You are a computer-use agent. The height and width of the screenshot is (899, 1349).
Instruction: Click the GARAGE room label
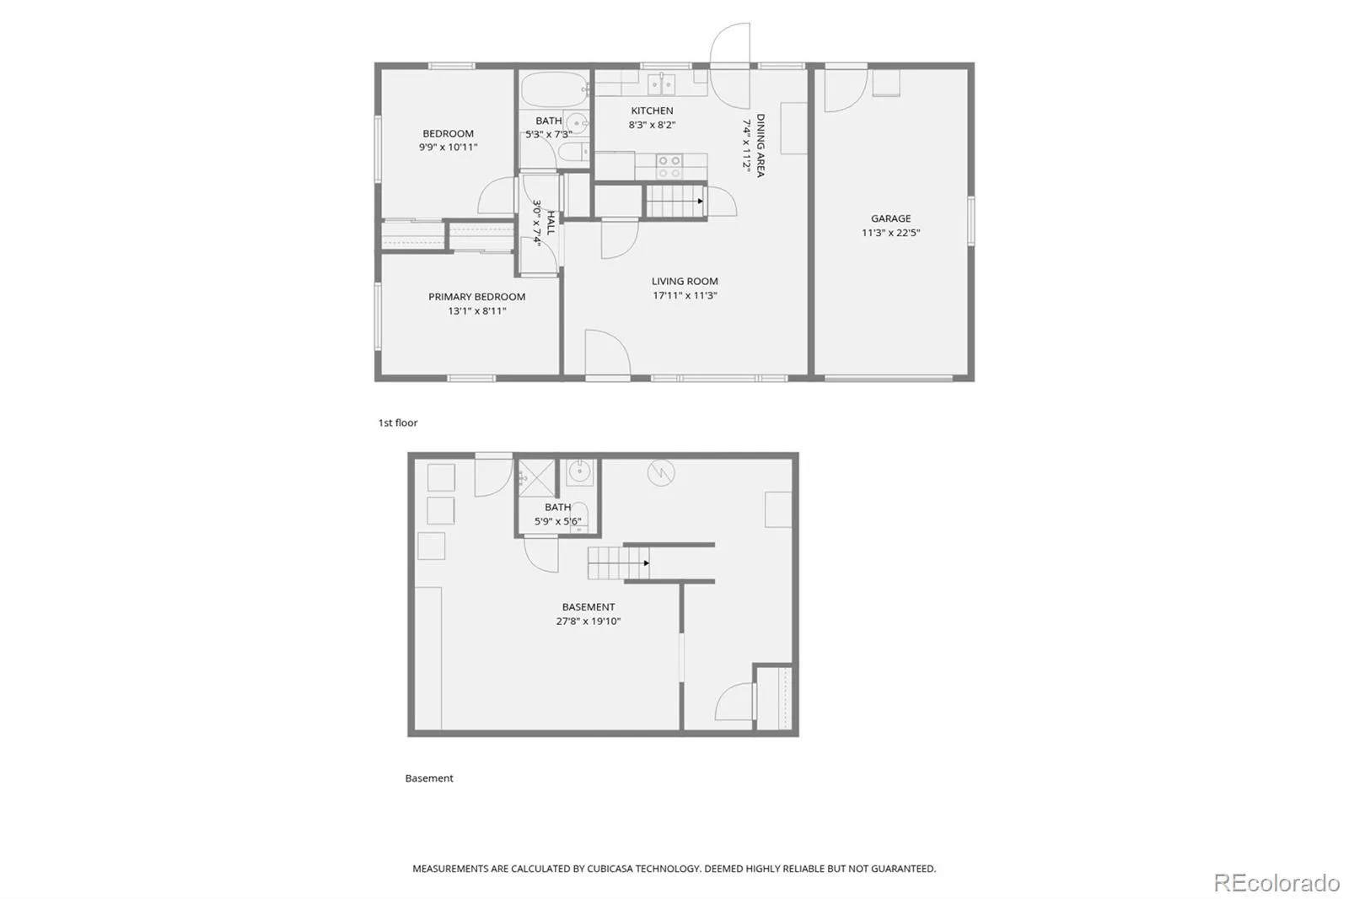[x=890, y=218]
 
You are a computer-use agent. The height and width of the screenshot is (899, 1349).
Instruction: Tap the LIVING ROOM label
[x=685, y=281]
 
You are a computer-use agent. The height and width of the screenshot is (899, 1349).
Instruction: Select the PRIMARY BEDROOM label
[x=476, y=297]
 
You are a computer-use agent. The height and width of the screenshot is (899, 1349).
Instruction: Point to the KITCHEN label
[x=653, y=110]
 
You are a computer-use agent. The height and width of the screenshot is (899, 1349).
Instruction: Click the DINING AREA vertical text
[x=760, y=145]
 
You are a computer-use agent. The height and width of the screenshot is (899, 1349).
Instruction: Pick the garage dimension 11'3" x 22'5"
[x=890, y=233]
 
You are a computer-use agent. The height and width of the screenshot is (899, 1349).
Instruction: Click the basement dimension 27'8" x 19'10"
[x=589, y=621]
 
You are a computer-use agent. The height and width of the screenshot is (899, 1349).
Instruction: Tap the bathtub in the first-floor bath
[x=554, y=89]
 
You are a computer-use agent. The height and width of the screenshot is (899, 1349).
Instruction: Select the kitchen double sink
[x=661, y=84]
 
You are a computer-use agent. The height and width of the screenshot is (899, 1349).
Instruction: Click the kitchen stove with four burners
[x=669, y=166]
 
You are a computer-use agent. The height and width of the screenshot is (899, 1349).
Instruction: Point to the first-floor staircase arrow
[x=701, y=202]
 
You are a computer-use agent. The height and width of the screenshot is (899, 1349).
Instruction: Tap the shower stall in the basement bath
[x=536, y=478]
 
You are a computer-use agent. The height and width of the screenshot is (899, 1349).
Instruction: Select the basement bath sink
[x=579, y=471]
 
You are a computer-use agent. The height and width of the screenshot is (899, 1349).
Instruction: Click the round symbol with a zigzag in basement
[x=661, y=473]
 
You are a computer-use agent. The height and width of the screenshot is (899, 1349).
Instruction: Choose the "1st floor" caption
[x=397, y=423]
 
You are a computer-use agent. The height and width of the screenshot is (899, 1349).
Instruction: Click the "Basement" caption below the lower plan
[x=429, y=778]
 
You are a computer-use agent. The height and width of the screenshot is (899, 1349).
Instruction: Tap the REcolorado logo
[x=1276, y=883]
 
